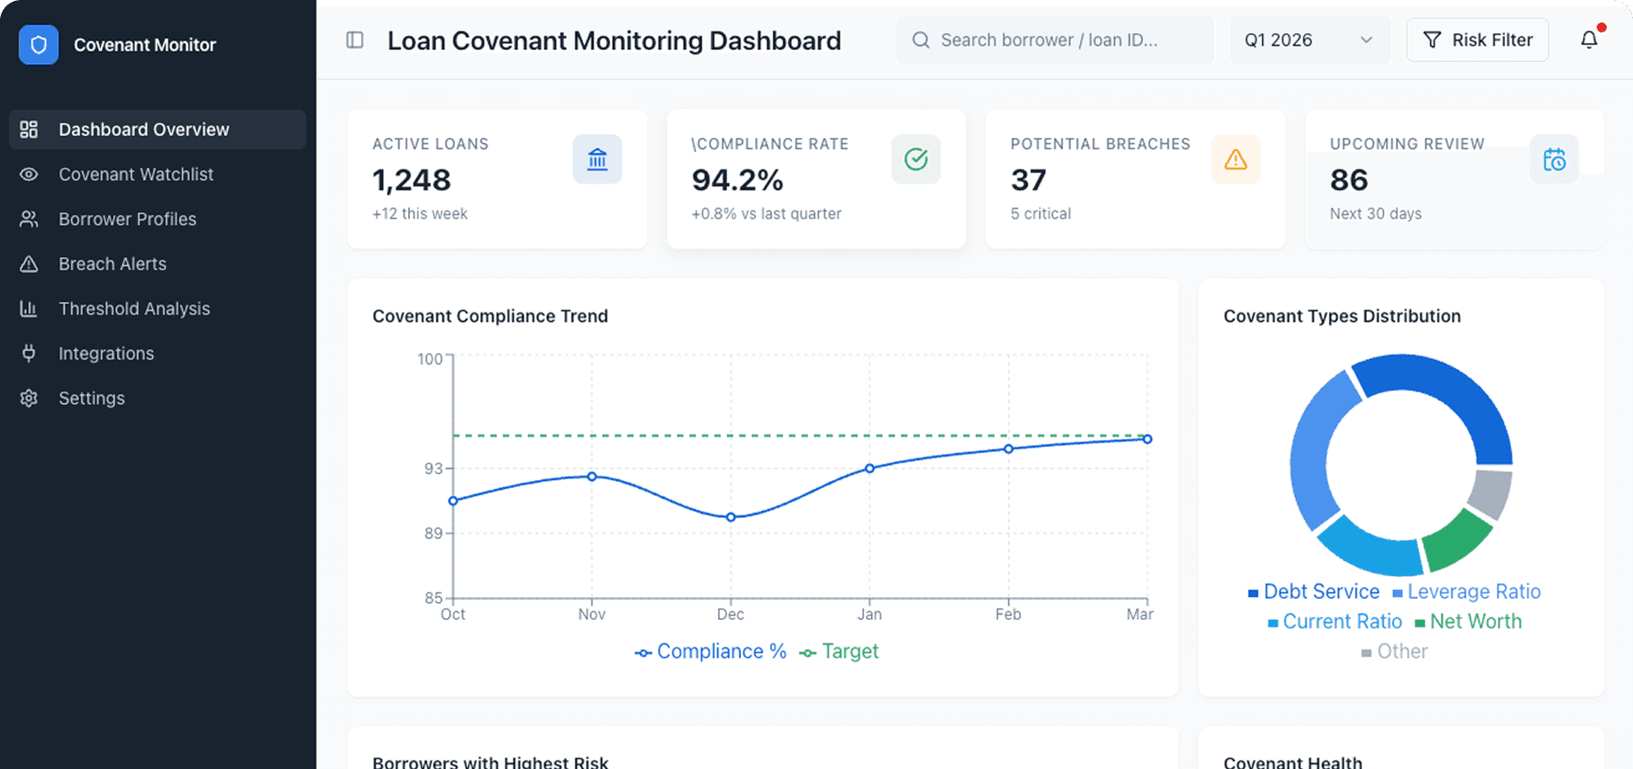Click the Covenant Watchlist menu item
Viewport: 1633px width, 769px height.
(135, 174)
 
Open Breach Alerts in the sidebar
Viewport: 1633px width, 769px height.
(112, 263)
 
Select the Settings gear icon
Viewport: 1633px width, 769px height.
(29, 398)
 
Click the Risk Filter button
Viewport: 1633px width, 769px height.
(1477, 40)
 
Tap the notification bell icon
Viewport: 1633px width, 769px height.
(1588, 40)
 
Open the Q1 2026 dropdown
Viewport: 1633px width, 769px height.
(1308, 40)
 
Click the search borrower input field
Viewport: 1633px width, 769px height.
(1054, 40)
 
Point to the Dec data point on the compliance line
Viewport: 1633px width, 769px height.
(730, 517)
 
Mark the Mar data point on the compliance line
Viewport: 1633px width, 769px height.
(1147, 439)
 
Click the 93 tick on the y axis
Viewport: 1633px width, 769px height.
(433, 469)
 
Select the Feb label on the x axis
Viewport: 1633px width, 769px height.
(1007, 614)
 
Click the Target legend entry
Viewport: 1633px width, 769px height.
(839, 651)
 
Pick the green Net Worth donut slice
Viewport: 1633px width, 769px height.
(1456, 538)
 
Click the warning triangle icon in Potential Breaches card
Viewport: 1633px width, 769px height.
(1234, 159)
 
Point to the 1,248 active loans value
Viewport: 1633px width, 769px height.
(411, 180)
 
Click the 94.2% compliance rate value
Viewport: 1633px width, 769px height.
(737, 180)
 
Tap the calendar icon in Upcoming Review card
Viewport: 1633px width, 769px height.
(1553, 159)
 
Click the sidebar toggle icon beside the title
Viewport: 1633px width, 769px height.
(355, 40)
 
